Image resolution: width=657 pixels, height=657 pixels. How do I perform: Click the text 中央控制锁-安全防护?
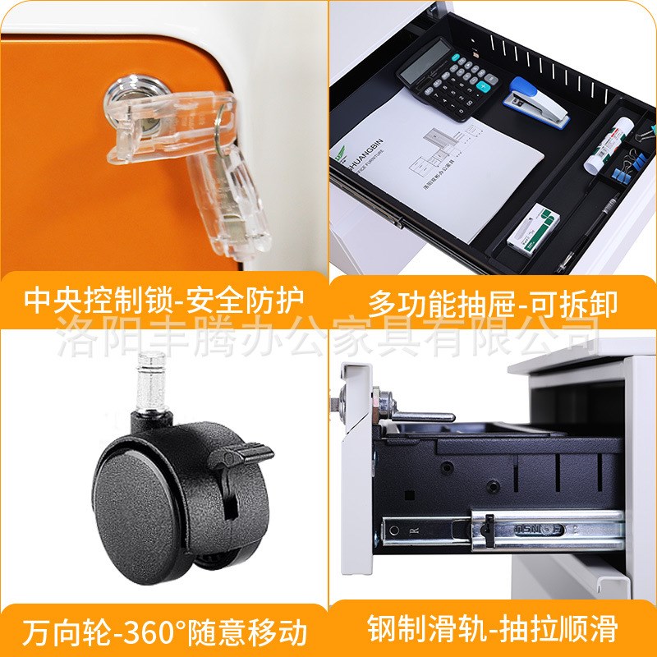[x=164, y=301]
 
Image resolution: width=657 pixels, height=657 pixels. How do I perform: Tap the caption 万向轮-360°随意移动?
[x=164, y=632]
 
